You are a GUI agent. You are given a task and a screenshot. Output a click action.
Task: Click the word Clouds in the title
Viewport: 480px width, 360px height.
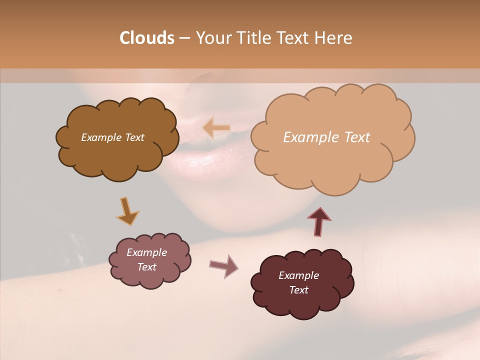pos(146,38)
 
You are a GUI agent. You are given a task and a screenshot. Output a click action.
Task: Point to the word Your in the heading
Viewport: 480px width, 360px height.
pos(213,38)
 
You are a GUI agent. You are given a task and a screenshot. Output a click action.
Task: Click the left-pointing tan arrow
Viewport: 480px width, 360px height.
pos(216,128)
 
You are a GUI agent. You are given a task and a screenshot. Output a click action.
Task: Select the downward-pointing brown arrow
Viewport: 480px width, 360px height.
pos(127,211)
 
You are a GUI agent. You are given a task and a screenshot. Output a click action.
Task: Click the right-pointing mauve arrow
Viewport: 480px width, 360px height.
pos(224,265)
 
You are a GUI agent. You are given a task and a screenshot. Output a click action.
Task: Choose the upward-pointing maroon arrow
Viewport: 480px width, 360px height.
pos(319,221)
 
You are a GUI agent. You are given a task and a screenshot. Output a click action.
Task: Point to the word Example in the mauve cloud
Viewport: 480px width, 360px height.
pos(146,252)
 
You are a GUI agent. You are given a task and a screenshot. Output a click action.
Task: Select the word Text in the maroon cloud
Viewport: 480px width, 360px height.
pos(298,290)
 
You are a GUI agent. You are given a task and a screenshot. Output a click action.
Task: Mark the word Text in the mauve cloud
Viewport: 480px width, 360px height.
pos(146,267)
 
